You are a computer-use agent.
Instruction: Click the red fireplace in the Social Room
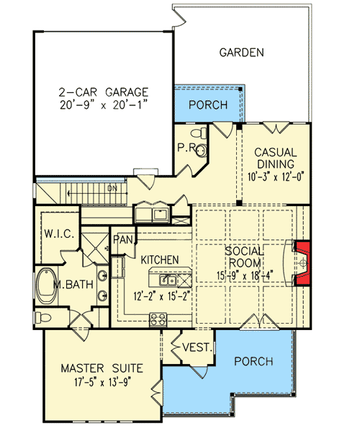[x=302, y=265]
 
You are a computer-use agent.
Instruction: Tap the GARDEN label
[x=241, y=53]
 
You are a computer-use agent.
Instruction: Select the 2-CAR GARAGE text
[x=104, y=92]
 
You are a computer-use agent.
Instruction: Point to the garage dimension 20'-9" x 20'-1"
[x=104, y=105]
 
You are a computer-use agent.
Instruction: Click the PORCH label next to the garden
[x=208, y=105]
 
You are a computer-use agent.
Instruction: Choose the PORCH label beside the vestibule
[x=253, y=360]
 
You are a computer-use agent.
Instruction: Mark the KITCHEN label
[x=159, y=259]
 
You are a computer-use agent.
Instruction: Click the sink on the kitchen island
[x=168, y=280]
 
